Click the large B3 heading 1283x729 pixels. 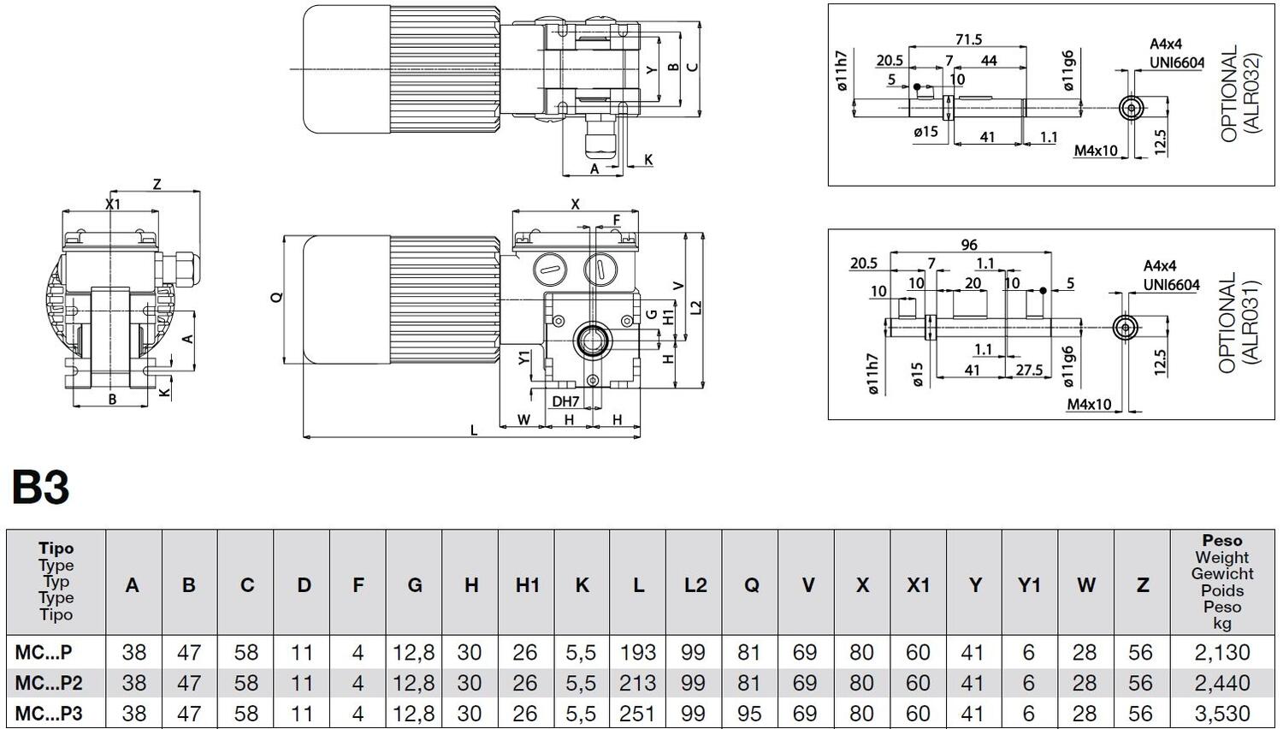pyautogui.click(x=40, y=489)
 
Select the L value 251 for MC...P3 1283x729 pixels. pyautogui.click(x=637, y=714)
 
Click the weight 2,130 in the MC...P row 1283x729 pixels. pyautogui.click(x=1222, y=653)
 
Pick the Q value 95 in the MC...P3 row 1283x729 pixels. pyautogui.click(x=749, y=714)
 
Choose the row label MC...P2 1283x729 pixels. pyautogui.click(x=49, y=683)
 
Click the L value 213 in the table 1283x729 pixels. pyautogui.click(x=637, y=683)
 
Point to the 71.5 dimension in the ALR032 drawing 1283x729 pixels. pyautogui.click(x=968, y=39)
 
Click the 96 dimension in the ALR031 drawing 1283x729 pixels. pyautogui.click(x=969, y=245)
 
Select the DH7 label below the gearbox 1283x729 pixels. pyautogui.click(x=565, y=401)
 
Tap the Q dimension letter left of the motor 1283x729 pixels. pyautogui.click(x=275, y=297)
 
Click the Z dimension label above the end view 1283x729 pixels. pyautogui.click(x=157, y=184)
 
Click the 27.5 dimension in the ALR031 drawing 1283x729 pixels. pyautogui.click(x=1029, y=370)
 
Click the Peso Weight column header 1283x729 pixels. pyautogui.click(x=1222, y=581)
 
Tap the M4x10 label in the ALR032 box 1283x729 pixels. pyautogui.click(x=1096, y=151)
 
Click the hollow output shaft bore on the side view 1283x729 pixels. pyautogui.click(x=591, y=341)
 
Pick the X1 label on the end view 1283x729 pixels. pyautogui.click(x=112, y=204)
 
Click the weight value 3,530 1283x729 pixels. pyautogui.click(x=1222, y=714)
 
